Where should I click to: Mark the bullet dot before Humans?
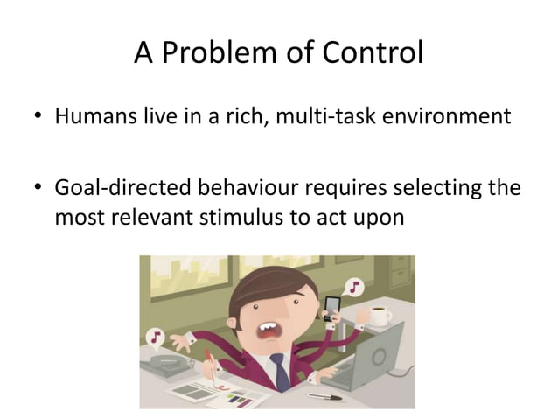[38, 118]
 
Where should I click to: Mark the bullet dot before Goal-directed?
[38, 190]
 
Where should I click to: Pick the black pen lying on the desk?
[324, 396]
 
